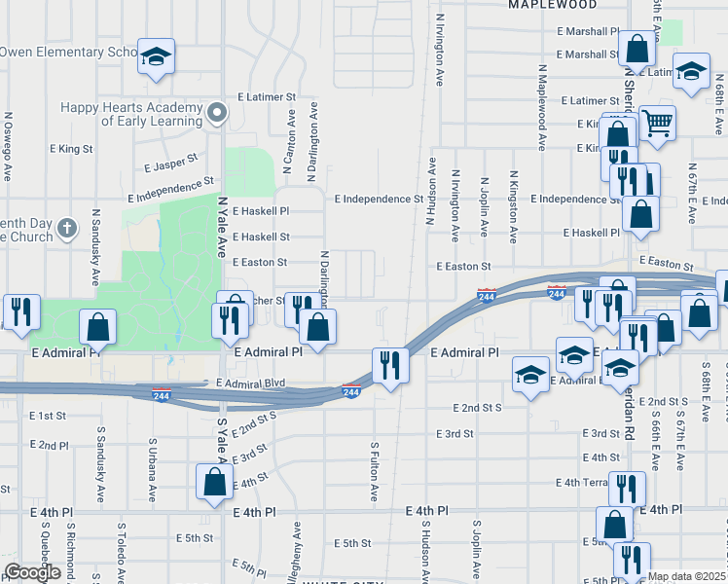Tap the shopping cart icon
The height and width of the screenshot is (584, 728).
(x=658, y=124)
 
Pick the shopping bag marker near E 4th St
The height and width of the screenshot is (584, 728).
(x=214, y=481)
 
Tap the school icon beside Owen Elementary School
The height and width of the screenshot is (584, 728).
(x=155, y=56)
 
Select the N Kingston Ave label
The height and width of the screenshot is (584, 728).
(x=513, y=206)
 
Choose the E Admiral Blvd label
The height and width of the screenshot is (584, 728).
(x=250, y=383)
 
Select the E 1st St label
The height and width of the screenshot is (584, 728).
(x=47, y=415)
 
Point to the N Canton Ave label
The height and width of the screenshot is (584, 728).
(x=291, y=131)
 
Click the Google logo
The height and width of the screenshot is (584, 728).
(x=32, y=571)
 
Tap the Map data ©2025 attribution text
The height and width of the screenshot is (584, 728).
(x=687, y=577)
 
